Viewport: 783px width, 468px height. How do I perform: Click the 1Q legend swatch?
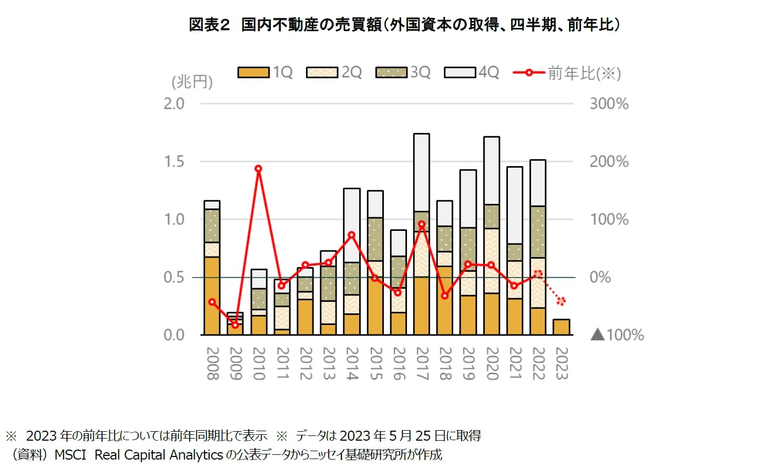tap(253, 73)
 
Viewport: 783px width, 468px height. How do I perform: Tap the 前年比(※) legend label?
tap(584, 73)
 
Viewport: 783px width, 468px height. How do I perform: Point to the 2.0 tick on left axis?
tap(174, 104)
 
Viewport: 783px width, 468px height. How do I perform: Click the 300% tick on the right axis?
tap(609, 104)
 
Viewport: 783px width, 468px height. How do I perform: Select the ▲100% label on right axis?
tap(617, 335)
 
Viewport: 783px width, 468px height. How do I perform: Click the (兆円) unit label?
tap(192, 82)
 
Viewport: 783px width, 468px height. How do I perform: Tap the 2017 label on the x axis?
tap(422, 363)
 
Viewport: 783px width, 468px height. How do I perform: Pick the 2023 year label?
tap(562, 363)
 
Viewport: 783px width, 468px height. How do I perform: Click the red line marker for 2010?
tap(258, 169)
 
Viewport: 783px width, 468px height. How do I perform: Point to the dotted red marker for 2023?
tap(561, 301)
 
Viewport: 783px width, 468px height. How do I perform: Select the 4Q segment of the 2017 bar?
tap(422, 172)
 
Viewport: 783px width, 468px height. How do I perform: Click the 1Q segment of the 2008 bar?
tap(212, 296)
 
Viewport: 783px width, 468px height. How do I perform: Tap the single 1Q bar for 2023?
tap(561, 327)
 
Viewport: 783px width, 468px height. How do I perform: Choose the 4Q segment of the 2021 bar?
tap(515, 205)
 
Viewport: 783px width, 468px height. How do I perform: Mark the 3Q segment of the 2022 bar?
tap(538, 232)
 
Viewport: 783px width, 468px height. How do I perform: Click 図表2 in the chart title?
tap(209, 25)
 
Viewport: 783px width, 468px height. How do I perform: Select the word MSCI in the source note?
tap(70, 455)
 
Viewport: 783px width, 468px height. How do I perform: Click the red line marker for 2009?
tap(235, 325)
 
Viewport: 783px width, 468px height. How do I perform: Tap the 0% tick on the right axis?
tap(600, 277)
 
